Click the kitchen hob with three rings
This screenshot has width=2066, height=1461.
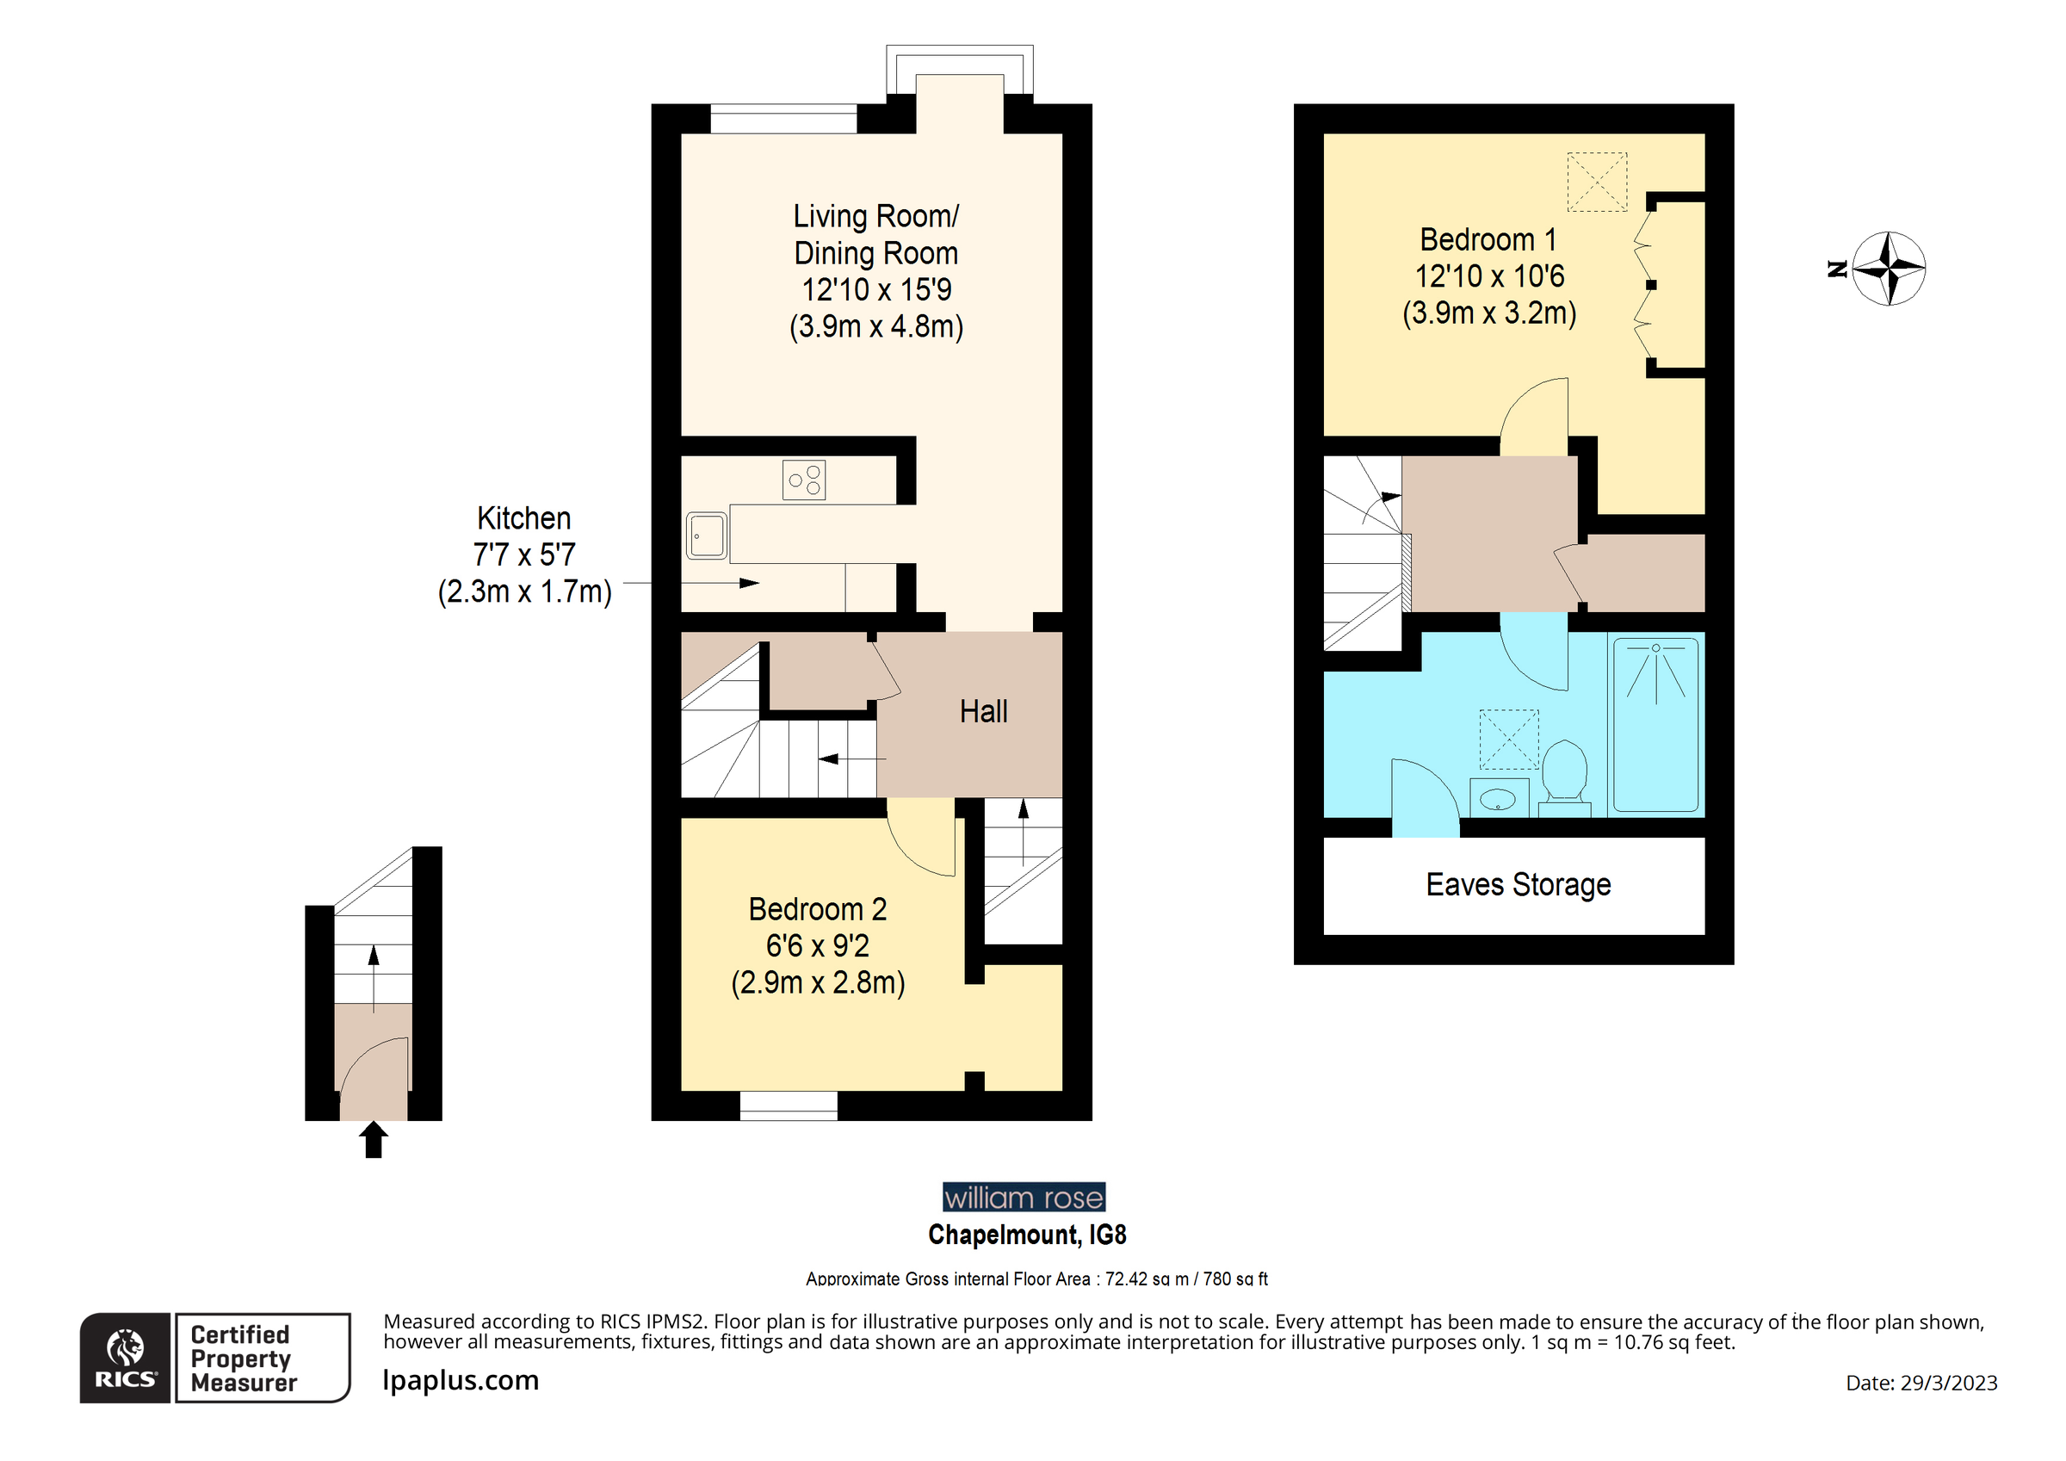(803, 480)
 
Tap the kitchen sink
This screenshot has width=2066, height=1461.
(707, 535)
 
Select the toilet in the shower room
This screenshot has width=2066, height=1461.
(1564, 772)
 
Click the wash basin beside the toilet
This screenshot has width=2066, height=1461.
(1498, 797)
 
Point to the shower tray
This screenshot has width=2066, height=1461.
(1655, 725)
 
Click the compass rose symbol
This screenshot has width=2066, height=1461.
(1889, 269)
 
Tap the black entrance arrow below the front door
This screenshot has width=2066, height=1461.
(374, 1140)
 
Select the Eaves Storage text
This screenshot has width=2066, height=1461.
(1518, 885)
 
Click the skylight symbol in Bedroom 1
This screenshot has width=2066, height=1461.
(1596, 183)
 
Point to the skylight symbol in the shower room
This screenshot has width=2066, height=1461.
(1509, 739)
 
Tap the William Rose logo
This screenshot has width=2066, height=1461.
(1024, 1198)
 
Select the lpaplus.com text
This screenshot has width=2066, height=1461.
(460, 1380)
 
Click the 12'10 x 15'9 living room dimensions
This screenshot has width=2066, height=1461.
(875, 290)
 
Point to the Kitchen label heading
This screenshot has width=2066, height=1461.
(523, 518)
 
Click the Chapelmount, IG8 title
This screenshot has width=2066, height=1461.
(1027, 1235)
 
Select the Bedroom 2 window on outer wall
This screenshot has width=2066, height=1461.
(789, 1105)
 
